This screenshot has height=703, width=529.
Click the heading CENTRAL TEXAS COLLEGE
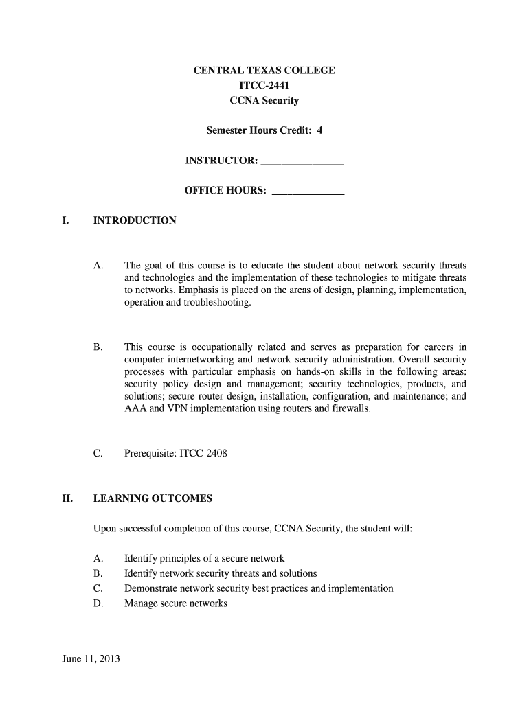(x=264, y=71)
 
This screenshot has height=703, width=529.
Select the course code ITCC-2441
(x=264, y=86)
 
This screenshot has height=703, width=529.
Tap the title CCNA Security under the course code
(x=264, y=101)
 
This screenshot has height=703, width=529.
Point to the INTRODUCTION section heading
(x=135, y=220)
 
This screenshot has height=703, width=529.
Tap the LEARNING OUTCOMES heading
(x=153, y=498)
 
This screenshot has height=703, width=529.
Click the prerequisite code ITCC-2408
(x=203, y=454)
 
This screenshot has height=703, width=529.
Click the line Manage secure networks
(x=175, y=603)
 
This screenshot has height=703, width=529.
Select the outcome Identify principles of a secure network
(x=204, y=558)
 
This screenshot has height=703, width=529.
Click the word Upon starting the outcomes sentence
(x=104, y=529)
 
